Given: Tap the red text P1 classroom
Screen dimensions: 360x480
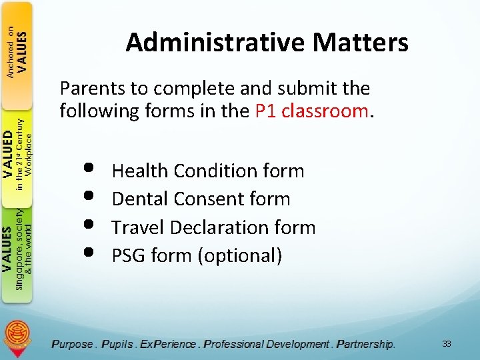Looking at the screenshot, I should tap(311, 111).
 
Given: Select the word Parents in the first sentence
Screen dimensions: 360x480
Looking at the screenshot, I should tap(87, 88).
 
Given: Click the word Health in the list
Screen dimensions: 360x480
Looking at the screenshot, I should tap(140, 171).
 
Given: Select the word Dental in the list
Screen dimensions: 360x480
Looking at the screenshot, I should tap(140, 199).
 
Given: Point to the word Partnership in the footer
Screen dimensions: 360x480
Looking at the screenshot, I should tap(365, 344).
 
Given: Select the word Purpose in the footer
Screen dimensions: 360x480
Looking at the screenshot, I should tap(73, 344).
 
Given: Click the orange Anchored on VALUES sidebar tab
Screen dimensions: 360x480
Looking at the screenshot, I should tap(17, 53).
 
